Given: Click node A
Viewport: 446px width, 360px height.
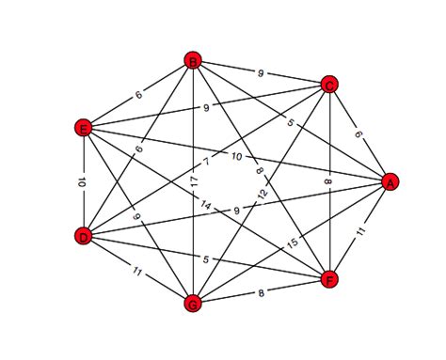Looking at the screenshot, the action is (387, 183).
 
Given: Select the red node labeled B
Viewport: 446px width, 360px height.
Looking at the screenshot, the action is (192, 62).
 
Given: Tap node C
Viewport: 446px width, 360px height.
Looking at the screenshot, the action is (329, 84).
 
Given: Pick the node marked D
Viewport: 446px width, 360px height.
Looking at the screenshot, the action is (83, 237).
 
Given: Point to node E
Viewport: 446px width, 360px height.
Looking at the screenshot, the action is (83, 128).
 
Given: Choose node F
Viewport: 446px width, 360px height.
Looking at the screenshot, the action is (328, 279).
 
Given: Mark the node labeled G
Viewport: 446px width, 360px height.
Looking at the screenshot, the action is (192, 303).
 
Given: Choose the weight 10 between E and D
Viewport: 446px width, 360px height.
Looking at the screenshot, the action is (83, 182).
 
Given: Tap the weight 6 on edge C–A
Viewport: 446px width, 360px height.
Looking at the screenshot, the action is (358, 133).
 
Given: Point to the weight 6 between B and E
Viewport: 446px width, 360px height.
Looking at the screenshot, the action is (137, 95).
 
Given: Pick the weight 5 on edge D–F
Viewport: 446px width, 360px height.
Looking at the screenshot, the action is (206, 258).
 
